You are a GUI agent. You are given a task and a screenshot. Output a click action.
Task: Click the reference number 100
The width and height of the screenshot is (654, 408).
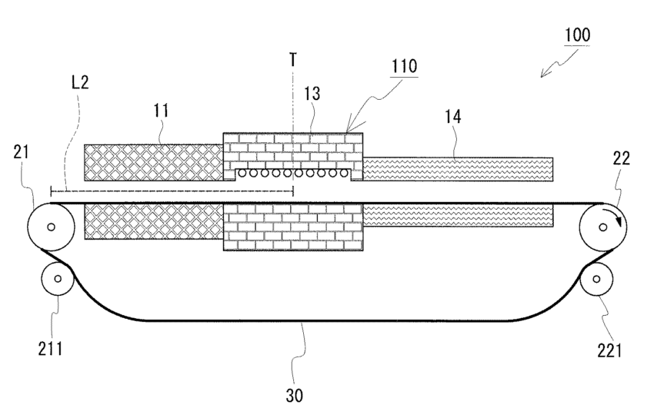579,35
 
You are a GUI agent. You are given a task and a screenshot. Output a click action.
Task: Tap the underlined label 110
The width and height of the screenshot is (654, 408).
403,67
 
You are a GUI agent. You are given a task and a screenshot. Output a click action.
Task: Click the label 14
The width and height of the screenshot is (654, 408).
452,118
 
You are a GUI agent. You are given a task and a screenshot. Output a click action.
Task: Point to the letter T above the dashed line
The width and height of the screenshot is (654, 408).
293,59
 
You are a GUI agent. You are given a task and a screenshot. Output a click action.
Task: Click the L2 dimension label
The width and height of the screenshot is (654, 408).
79,83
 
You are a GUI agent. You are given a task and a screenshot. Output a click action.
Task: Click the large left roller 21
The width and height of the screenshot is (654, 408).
50,227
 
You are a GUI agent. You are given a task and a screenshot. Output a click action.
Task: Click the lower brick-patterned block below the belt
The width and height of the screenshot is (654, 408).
292,227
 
